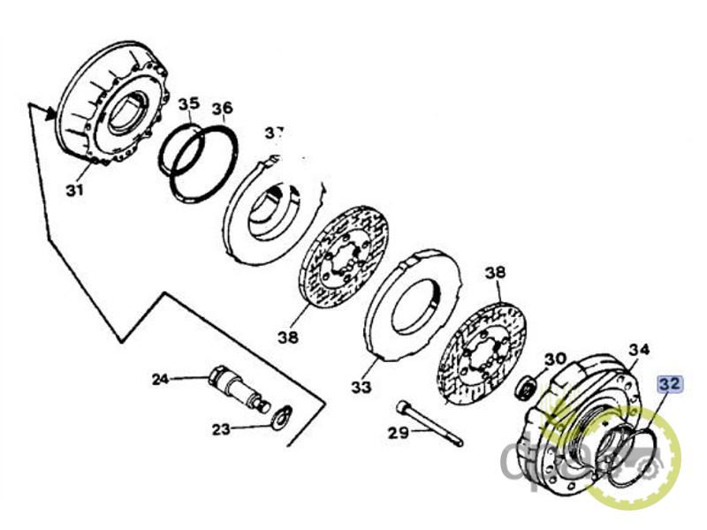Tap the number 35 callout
click(188, 104)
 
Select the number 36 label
click(222, 109)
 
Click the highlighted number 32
click(668, 384)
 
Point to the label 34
click(639, 349)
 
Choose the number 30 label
click(554, 360)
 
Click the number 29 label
click(399, 433)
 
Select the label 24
click(160, 380)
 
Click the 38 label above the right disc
click(495, 273)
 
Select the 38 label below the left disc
click(287, 337)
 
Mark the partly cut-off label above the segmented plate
click(275, 132)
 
